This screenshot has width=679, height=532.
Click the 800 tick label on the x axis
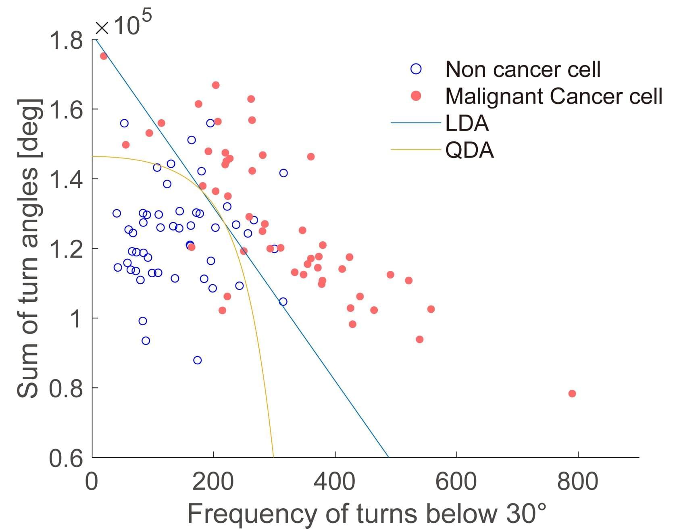tap(577, 482)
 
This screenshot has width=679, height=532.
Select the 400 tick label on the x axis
tap(335, 482)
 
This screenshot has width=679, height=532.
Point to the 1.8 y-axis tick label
tap(66, 40)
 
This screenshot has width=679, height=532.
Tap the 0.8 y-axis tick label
tap(66, 389)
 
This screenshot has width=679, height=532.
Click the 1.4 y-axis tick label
tap(66, 179)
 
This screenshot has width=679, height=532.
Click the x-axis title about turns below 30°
tap(367, 514)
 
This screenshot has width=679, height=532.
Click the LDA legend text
tap(467, 123)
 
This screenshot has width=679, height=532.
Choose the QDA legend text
tap(469, 150)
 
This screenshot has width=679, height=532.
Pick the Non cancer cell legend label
tap(523, 69)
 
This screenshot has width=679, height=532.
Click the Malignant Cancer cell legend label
tap(553, 96)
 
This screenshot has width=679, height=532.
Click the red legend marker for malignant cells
tap(416, 96)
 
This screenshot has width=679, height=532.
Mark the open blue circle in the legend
tap(416, 69)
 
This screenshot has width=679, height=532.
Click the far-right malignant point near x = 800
tap(572, 393)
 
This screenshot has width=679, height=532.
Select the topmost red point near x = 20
tap(104, 56)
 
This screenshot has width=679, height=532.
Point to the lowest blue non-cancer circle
tap(197, 360)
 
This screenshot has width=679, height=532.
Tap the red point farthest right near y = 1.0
tap(431, 309)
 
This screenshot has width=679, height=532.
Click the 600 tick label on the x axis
tap(456, 482)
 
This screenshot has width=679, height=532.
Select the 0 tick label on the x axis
tap(92, 482)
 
